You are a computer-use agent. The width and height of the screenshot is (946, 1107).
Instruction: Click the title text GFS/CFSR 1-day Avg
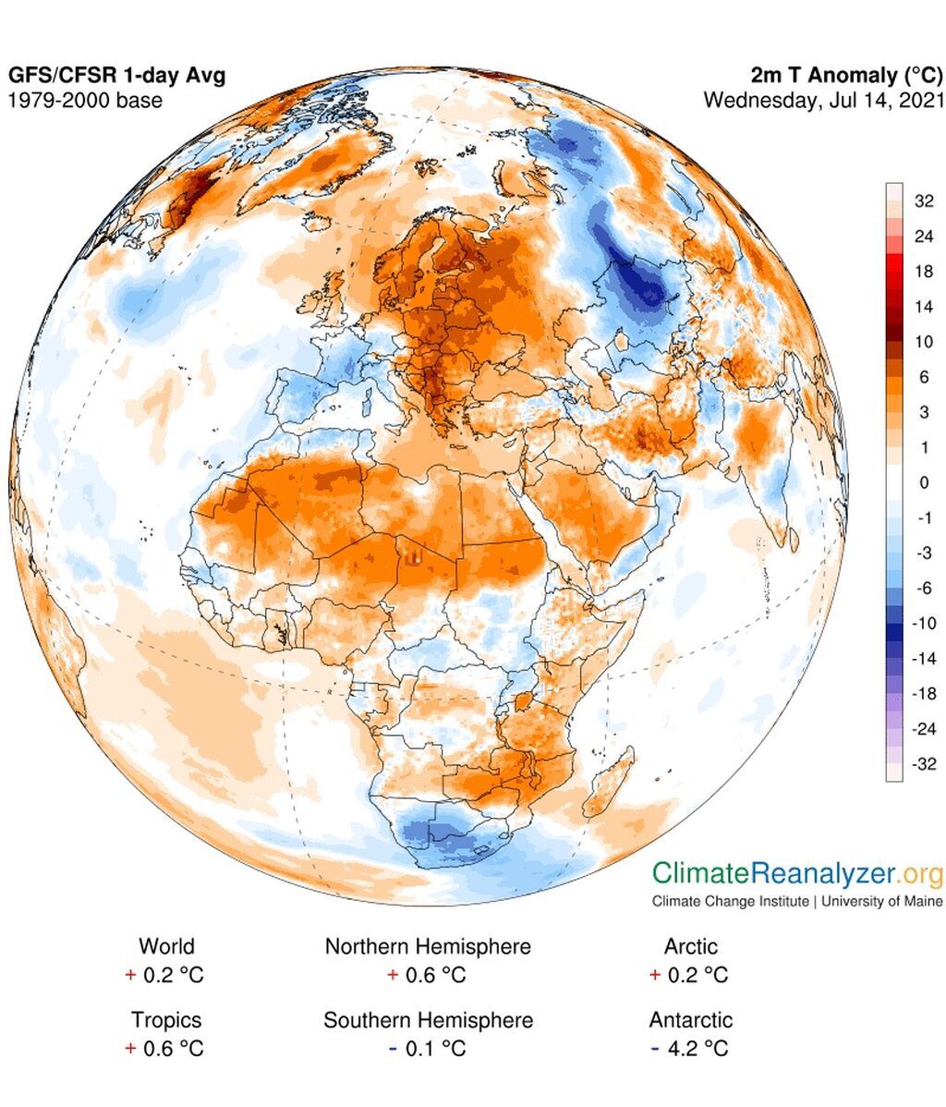[x=117, y=76]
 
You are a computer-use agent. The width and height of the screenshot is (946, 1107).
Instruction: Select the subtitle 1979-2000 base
[x=85, y=100]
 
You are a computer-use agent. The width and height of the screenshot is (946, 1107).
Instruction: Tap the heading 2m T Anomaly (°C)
[x=848, y=76]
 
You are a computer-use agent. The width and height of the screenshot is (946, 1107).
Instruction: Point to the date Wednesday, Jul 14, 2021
[x=823, y=100]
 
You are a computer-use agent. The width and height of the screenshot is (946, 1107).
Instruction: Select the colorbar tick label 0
[x=923, y=482]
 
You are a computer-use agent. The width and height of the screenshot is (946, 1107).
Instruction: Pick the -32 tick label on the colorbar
[x=924, y=764]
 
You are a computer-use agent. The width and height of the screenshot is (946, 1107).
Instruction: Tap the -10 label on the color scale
[x=924, y=624]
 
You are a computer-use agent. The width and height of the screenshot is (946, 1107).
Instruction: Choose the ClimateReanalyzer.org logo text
[x=797, y=873]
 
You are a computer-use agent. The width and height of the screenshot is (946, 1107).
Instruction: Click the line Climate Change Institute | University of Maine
[x=797, y=901]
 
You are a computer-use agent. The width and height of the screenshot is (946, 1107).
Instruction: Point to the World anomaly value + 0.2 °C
[x=166, y=975]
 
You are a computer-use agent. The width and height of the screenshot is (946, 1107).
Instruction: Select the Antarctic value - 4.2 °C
[x=690, y=1049]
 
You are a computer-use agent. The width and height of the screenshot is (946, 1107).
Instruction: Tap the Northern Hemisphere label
[x=428, y=946]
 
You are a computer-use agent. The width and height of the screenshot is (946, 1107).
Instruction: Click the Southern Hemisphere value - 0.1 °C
[x=428, y=1049]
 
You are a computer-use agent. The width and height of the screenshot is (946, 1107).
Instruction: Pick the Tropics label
[x=166, y=1020]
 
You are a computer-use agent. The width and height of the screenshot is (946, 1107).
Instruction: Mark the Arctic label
[x=690, y=946]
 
